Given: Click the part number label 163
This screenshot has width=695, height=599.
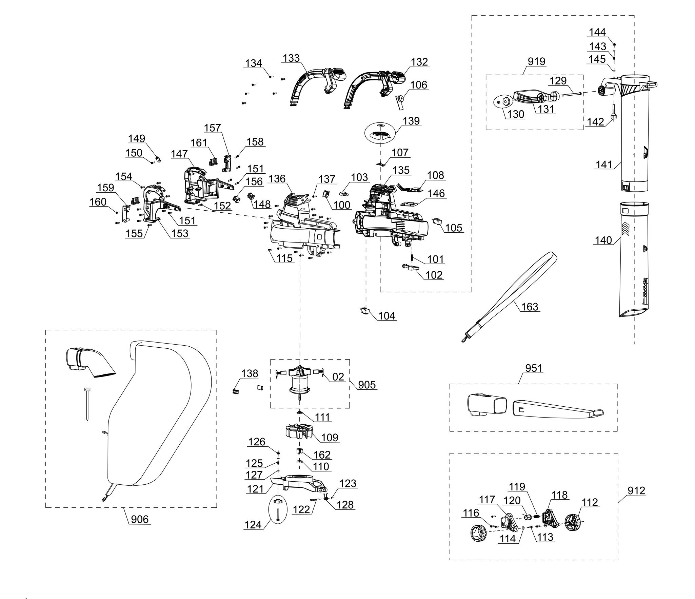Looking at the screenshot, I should click(x=530, y=307).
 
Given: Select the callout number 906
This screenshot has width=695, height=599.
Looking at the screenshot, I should click(x=140, y=519).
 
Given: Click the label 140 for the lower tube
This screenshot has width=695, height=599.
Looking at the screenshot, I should click(x=603, y=240).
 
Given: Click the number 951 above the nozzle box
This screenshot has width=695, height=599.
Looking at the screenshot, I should click(x=534, y=368).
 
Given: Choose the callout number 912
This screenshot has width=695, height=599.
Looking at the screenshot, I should click(x=636, y=491).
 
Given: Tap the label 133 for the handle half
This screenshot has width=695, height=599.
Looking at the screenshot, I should click(x=291, y=58).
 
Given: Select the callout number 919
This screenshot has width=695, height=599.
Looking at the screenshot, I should click(x=537, y=61).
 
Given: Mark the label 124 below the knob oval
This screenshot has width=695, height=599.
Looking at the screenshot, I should click(x=253, y=525).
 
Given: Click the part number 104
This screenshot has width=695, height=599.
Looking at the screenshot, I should click(x=386, y=316).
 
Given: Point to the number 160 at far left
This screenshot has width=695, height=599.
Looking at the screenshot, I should click(x=98, y=202).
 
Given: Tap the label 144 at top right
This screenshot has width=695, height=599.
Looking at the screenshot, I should click(x=597, y=32).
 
